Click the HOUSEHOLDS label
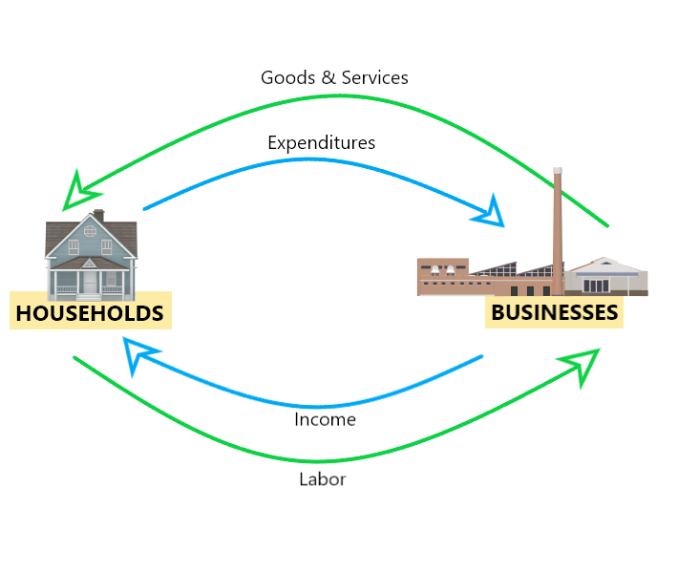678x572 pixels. (90, 312)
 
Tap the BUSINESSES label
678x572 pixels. (554, 311)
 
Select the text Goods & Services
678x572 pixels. (334, 77)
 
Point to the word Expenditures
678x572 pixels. (321, 142)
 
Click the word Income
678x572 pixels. (325, 419)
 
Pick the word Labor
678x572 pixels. (323, 478)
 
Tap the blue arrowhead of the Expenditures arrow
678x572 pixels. (489, 212)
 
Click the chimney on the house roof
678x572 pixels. (98, 216)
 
